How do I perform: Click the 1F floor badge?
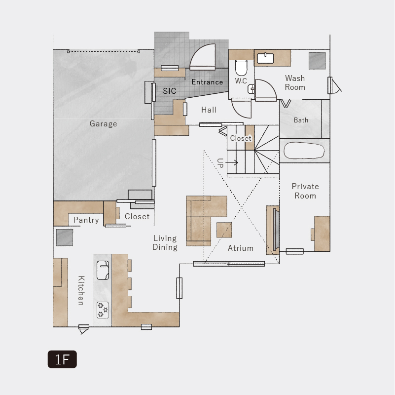(62, 359)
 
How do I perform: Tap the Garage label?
(103, 124)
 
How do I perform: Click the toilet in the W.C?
(241, 68)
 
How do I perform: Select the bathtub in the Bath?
(304, 151)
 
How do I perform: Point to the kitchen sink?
(103, 270)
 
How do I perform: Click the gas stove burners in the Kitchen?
(103, 310)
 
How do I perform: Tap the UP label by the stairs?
(220, 163)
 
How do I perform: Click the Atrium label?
(241, 248)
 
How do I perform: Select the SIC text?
(169, 91)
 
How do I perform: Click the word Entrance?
(207, 82)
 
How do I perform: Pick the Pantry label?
(86, 220)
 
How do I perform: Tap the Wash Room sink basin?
(265, 58)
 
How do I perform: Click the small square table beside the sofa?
(224, 230)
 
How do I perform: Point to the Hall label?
(209, 110)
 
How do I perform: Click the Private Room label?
(305, 191)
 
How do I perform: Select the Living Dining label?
(165, 242)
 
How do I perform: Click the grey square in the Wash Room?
(317, 61)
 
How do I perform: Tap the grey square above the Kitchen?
(65, 237)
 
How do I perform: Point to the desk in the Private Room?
(322, 234)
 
